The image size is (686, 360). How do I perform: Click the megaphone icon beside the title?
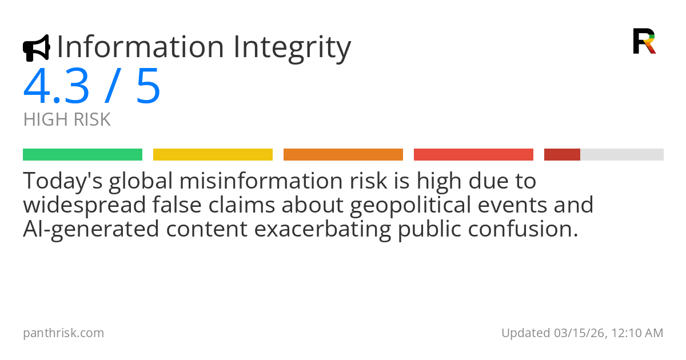pyautogui.click(x=36, y=48)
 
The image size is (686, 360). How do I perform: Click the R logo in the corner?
pyautogui.click(x=644, y=41)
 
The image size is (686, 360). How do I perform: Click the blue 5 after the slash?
pyautogui.click(x=148, y=87)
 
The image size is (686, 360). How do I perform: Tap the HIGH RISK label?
pyautogui.click(x=67, y=120)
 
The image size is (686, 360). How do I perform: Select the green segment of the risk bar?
pyautogui.click(x=82, y=155)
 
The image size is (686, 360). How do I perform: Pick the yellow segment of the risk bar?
pyautogui.click(x=213, y=155)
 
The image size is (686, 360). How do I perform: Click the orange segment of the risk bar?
pyautogui.click(x=343, y=155)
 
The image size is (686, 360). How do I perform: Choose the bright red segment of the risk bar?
pyautogui.click(x=473, y=155)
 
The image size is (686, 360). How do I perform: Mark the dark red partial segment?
pyautogui.click(x=562, y=155)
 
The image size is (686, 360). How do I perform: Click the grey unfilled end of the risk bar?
pyautogui.click(x=622, y=155)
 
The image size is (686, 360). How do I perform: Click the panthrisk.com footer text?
pyautogui.click(x=63, y=333)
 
